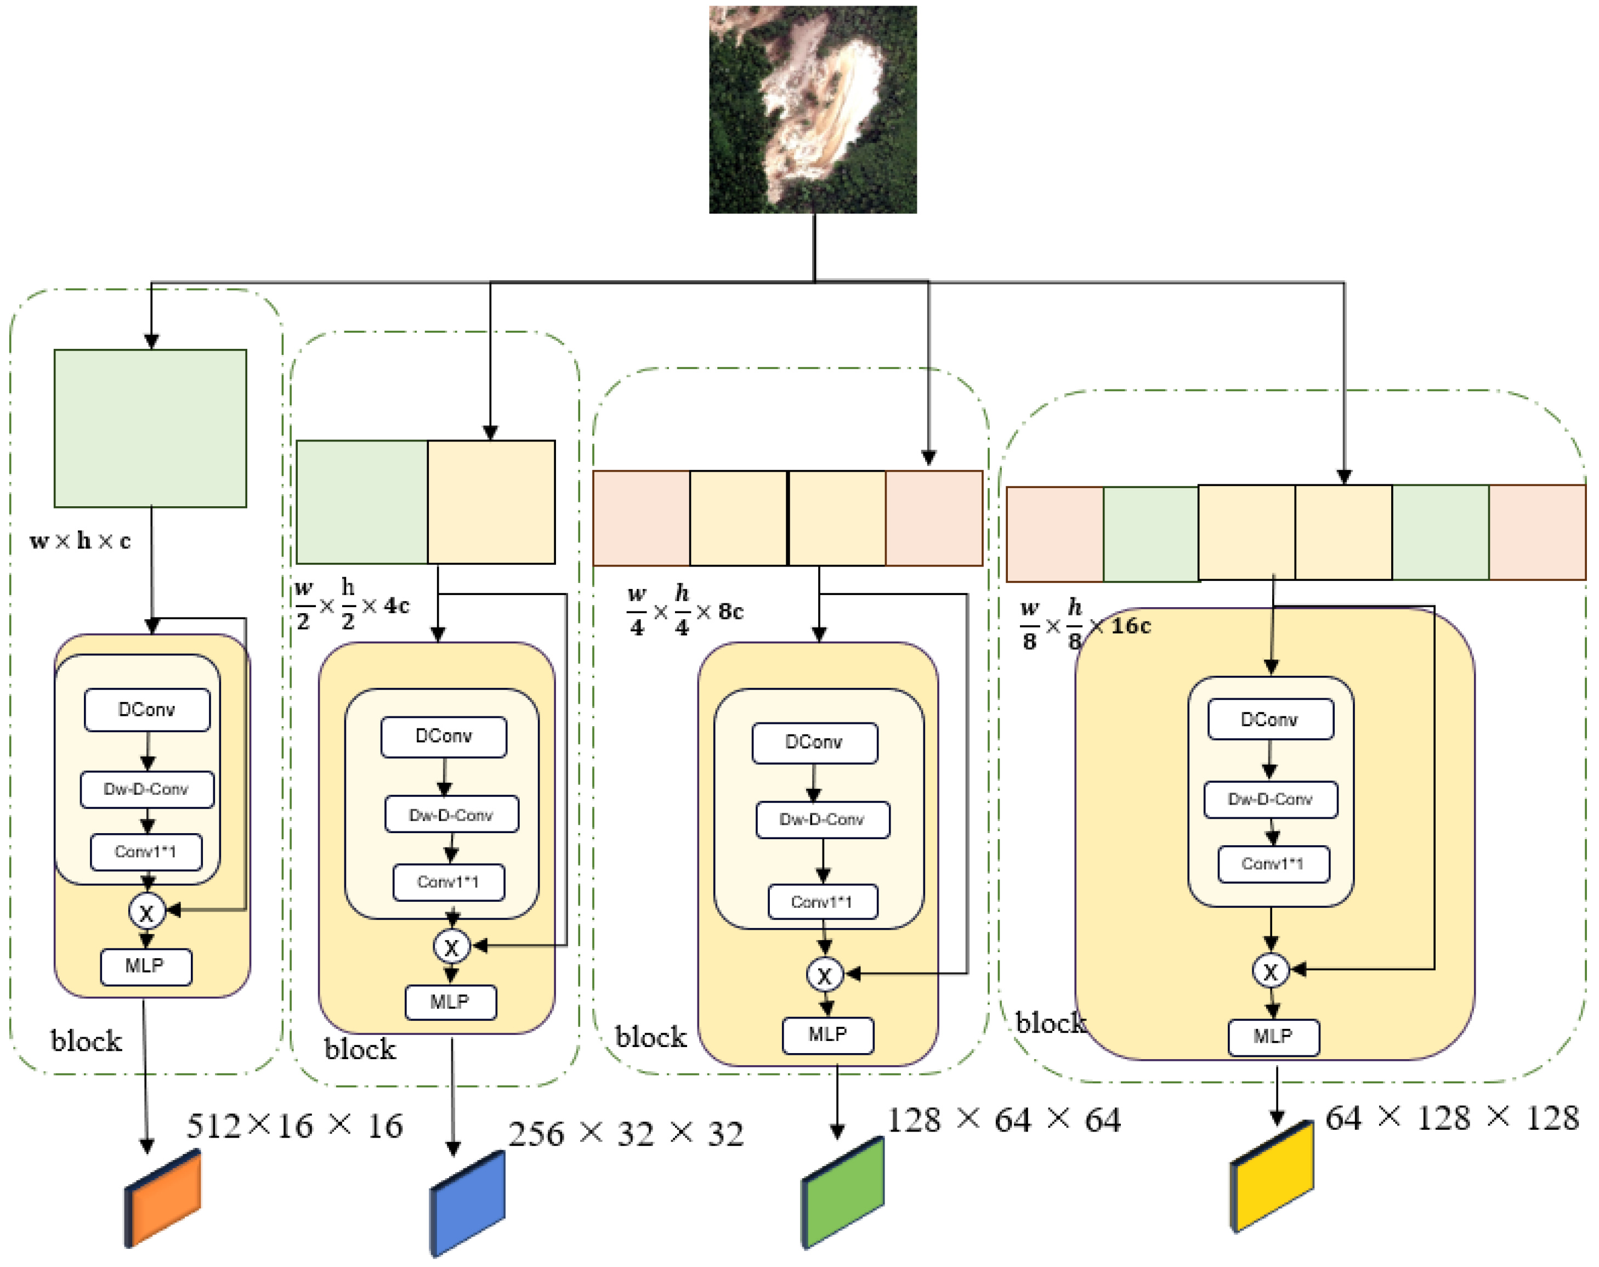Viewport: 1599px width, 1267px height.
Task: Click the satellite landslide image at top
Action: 813,110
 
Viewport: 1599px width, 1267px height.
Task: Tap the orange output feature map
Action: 163,1197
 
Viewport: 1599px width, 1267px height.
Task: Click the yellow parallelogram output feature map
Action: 1273,1176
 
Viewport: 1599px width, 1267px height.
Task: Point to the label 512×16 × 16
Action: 294,1126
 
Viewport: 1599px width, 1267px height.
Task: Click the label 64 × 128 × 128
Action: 1451,1118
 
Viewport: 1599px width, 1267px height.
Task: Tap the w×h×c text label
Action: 80,541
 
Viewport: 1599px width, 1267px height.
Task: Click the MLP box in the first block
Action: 146,966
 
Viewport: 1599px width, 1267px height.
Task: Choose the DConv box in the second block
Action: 444,737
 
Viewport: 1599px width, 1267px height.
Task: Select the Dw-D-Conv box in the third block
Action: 823,819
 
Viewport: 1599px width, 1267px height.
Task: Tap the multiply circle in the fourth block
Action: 1271,970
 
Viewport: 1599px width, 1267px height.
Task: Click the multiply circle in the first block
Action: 147,912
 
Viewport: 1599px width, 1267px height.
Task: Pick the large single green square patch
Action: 151,429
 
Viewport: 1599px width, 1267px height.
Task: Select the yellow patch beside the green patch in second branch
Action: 491,502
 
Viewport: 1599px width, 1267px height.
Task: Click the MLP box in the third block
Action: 827,1035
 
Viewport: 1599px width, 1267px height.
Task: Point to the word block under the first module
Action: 86,1042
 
